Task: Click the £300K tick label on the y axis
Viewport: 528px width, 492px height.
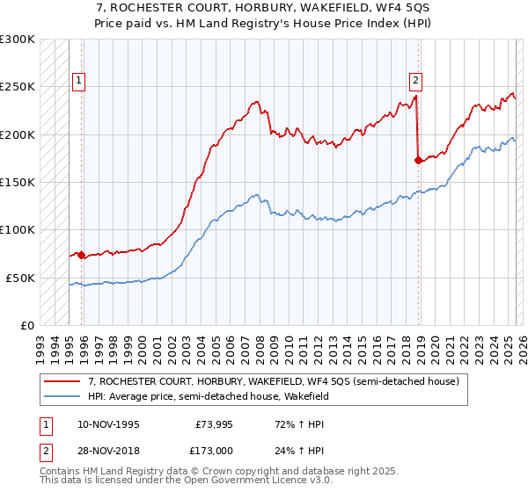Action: pyautogui.click(x=18, y=40)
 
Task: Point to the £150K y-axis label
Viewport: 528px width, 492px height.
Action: pyautogui.click(x=18, y=182)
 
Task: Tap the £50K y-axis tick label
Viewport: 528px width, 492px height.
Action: pyautogui.click(x=20, y=278)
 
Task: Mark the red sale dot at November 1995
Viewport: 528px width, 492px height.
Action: pyautogui.click(x=82, y=255)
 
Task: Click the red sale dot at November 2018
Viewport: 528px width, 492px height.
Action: pyautogui.click(x=418, y=160)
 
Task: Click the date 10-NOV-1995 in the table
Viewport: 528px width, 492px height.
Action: pyautogui.click(x=108, y=424)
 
